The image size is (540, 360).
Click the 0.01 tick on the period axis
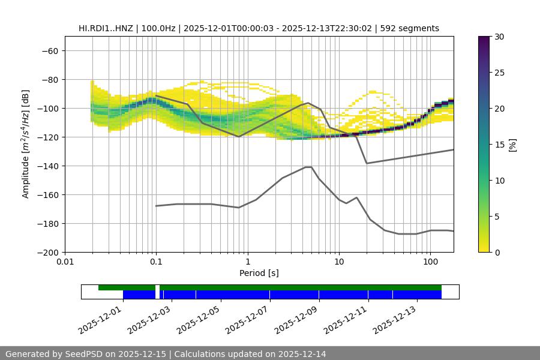[x=65, y=262]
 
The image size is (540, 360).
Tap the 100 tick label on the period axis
[x=430, y=262]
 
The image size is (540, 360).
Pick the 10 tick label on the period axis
[x=338, y=262]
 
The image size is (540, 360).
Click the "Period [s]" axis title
[x=259, y=273]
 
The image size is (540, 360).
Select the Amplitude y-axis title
[x=25, y=144]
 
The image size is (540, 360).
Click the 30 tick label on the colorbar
[x=499, y=37]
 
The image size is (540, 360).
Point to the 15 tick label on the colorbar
[x=499, y=145]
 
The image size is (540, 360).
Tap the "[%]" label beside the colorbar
[x=512, y=145]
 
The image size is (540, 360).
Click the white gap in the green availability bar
[x=157, y=287]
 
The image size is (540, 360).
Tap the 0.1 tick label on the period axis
[x=156, y=262]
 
